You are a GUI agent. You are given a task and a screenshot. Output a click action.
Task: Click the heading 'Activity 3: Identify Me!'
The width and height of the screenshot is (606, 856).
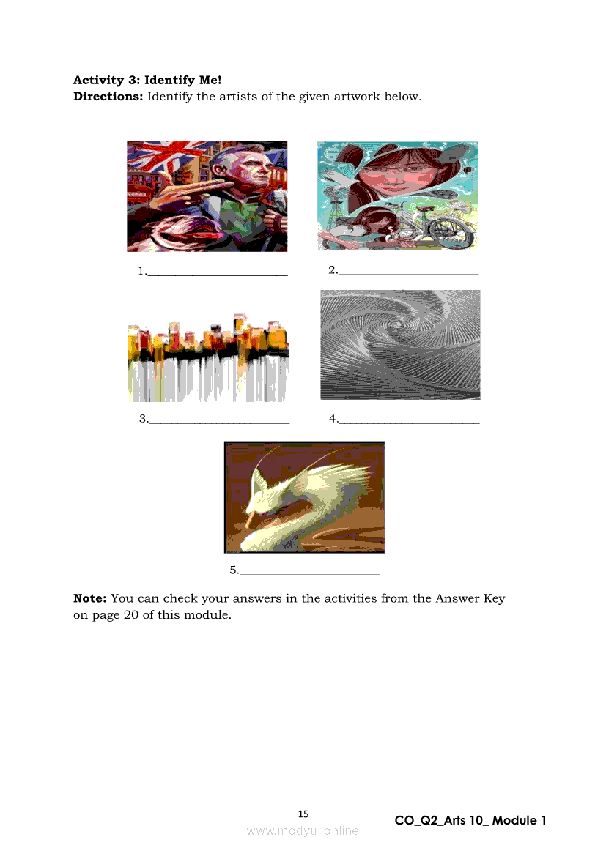(147, 81)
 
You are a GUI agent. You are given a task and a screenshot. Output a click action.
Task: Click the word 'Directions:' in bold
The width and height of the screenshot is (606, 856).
(108, 97)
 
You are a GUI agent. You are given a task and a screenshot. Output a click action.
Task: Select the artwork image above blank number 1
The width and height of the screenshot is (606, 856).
(207, 196)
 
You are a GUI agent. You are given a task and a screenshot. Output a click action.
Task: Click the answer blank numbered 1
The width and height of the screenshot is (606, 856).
(218, 275)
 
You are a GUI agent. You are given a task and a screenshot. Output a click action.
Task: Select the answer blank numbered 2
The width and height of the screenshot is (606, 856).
(408, 274)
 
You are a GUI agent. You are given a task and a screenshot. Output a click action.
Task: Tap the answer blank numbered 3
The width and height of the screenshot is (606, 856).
(219, 423)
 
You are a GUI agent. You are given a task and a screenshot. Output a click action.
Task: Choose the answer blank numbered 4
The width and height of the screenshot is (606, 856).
(410, 423)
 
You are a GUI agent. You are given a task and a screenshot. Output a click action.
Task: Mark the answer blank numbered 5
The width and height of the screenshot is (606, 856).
(310, 574)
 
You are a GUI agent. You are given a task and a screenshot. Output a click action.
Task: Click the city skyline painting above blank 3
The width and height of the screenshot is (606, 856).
(208, 357)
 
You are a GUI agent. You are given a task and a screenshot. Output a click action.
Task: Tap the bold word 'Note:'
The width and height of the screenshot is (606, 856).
(89, 598)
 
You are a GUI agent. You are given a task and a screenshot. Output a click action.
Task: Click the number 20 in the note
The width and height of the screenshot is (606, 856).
(131, 614)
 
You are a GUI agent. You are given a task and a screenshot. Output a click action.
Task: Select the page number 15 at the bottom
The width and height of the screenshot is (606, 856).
(303, 814)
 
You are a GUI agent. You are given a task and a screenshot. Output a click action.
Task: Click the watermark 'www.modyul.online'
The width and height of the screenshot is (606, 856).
(303, 831)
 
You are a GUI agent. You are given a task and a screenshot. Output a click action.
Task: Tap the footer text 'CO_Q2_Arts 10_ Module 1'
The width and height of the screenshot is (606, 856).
(470, 821)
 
